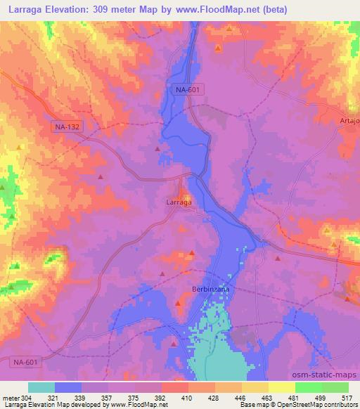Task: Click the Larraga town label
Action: [x=179, y=202]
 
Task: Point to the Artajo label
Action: [x=349, y=122]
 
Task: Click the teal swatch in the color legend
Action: [x=41, y=387]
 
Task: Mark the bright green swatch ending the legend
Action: [x=335, y=387]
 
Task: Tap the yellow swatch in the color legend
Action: [x=282, y=387]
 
